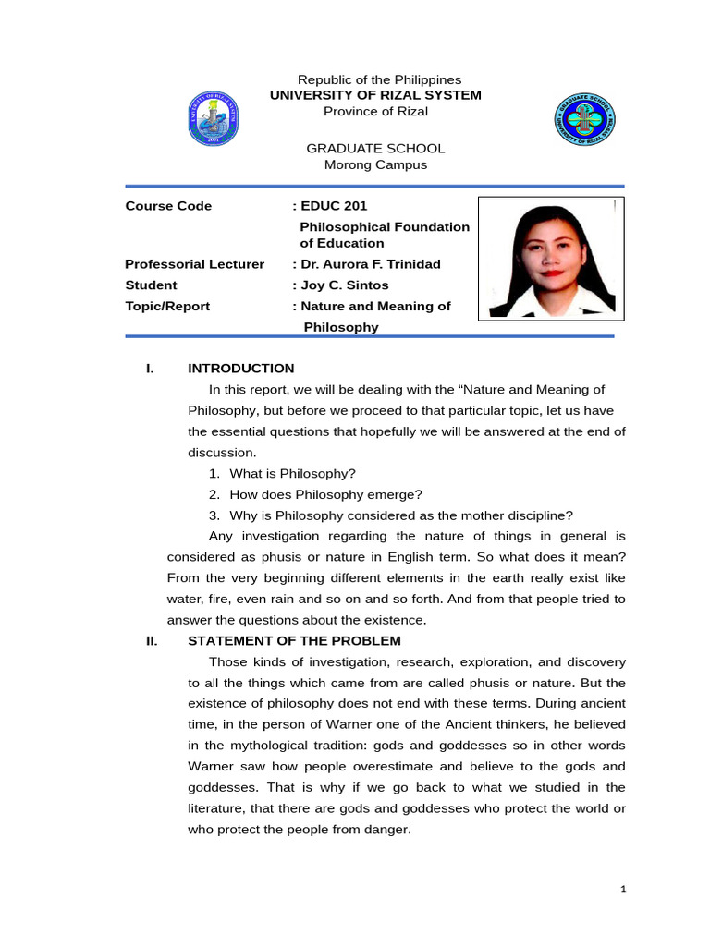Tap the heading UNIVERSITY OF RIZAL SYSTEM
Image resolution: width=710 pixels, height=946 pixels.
[375, 95]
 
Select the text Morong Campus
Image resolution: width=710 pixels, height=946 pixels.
[375, 164]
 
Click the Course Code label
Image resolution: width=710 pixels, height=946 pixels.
[168, 206]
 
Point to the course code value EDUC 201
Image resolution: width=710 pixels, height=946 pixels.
[326, 206]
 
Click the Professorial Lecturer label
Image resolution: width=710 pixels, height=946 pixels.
[195, 264]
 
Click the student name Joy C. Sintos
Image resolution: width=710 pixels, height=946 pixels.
[344, 285]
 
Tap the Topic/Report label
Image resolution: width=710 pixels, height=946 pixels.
[167, 306]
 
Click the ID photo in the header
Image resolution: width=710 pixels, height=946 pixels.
[549, 258]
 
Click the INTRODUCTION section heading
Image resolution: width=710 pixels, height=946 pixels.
[241, 368]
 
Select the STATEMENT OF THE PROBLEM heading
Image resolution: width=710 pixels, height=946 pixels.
[294, 641]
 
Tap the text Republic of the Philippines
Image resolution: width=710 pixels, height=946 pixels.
[375, 80]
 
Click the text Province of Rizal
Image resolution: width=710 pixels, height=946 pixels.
[375, 111]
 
